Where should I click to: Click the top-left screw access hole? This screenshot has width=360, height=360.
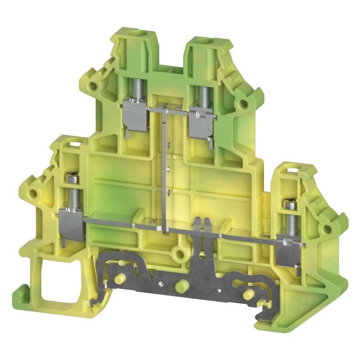(x=132, y=34)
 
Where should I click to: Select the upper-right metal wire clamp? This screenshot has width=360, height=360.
(x=202, y=121)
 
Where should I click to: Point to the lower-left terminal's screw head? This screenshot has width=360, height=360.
(x=73, y=179)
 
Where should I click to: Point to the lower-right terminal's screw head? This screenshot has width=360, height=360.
(x=289, y=205)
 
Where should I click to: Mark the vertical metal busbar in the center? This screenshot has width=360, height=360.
(x=166, y=171)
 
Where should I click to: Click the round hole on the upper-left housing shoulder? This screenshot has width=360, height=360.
(x=93, y=85)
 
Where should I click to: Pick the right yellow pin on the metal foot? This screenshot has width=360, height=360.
(x=246, y=295)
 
